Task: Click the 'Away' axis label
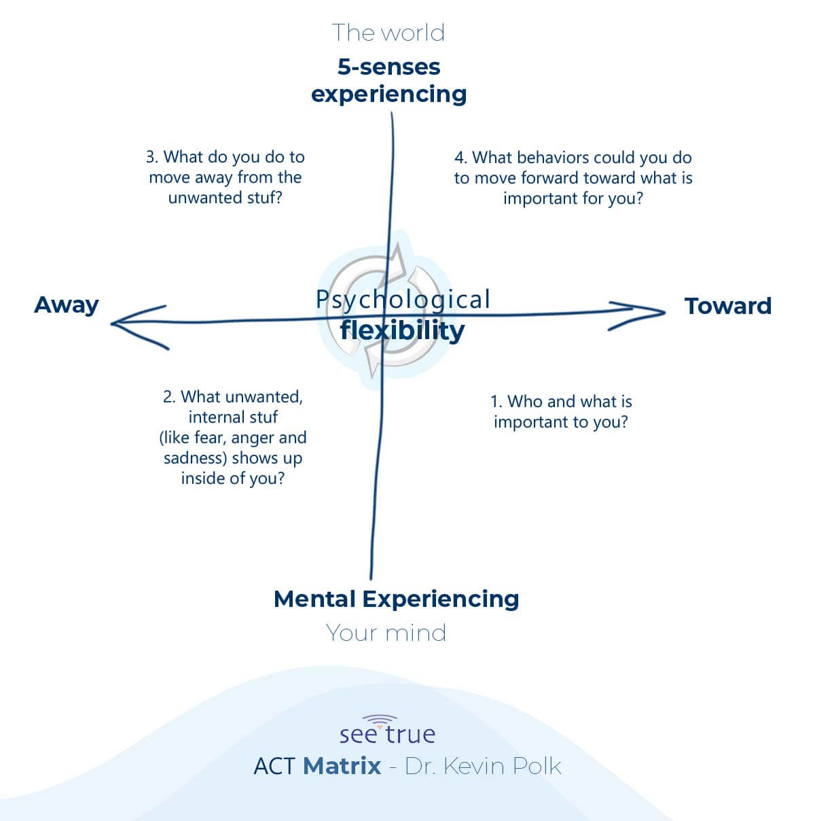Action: tap(67, 305)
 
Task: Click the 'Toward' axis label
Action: tap(727, 306)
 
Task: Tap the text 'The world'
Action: tap(388, 33)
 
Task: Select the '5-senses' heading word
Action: tap(388, 67)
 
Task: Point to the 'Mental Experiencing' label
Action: tap(396, 599)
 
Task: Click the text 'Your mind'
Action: tap(386, 633)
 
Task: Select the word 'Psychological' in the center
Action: tap(403, 299)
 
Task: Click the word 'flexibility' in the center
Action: tap(402, 330)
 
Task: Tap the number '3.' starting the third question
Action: tap(152, 157)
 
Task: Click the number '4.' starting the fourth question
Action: tap(461, 158)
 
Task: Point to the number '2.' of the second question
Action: tap(170, 397)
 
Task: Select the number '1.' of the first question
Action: tap(496, 402)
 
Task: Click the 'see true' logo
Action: tap(387, 731)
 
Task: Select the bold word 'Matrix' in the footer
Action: tap(342, 766)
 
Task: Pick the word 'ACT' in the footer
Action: tap(274, 766)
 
